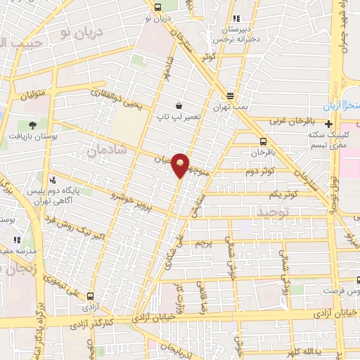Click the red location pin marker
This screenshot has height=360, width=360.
point(181,165)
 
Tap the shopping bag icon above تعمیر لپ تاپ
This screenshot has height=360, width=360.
point(180,105)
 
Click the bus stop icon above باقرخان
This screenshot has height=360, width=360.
point(263,141)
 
